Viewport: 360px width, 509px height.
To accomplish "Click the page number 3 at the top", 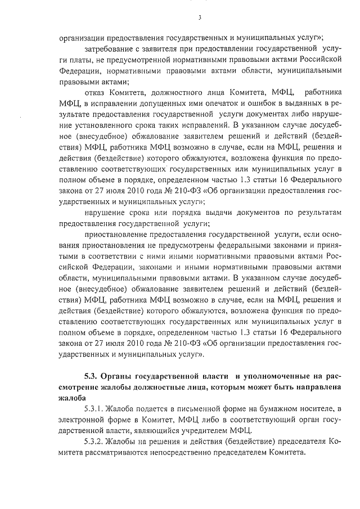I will point(200,17).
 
